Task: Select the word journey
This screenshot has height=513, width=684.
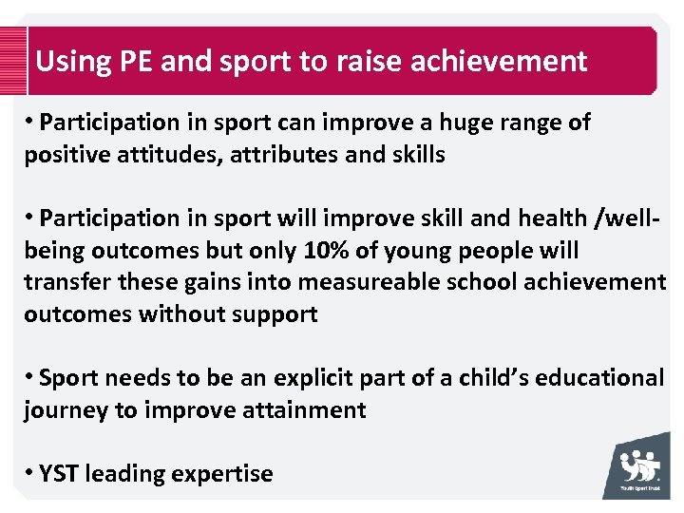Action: [x=64, y=410]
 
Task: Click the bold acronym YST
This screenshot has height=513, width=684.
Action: [x=59, y=473]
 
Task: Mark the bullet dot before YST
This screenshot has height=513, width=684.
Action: [x=31, y=472]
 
